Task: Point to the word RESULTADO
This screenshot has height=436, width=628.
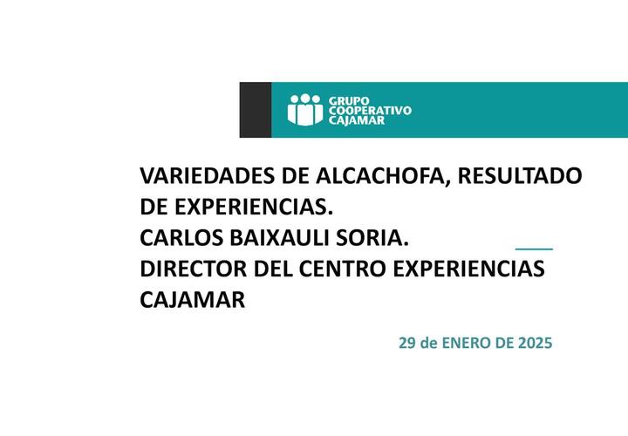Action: (520, 175)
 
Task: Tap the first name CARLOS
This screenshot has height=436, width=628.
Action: (181, 238)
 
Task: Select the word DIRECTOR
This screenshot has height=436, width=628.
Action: (193, 269)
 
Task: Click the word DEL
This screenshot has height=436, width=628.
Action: (273, 269)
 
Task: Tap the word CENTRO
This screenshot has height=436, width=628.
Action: (342, 269)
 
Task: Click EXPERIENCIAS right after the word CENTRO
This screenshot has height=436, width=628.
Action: (468, 269)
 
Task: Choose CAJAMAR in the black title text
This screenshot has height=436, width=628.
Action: (192, 300)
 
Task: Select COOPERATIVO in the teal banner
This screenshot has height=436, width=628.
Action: (370, 111)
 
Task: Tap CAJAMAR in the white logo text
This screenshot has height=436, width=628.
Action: (357, 120)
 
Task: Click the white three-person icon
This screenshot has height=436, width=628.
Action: (305, 110)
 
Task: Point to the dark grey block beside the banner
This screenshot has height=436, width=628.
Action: (256, 110)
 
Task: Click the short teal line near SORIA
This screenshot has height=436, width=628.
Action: (534, 249)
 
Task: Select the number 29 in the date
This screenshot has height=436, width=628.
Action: (407, 343)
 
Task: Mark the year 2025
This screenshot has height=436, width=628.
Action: (535, 343)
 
